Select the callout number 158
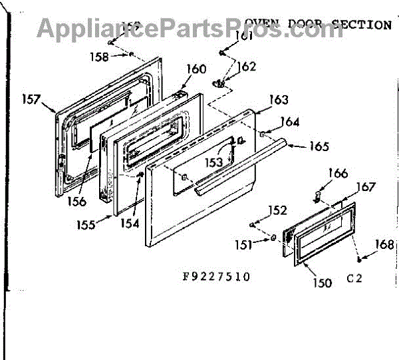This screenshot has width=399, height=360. point(99,57)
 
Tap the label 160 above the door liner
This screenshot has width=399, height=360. point(178,69)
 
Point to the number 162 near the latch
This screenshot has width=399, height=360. point(246,67)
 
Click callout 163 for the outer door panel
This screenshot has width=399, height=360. point(279,100)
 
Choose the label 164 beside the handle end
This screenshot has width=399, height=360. point(289,122)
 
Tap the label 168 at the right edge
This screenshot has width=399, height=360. point(384,244)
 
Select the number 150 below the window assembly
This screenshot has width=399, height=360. point(321,283)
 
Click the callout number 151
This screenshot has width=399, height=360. point(243,244)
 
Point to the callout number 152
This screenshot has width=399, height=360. point(277,211)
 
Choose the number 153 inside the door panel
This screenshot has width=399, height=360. point(213,162)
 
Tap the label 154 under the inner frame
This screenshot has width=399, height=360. point(130,224)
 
